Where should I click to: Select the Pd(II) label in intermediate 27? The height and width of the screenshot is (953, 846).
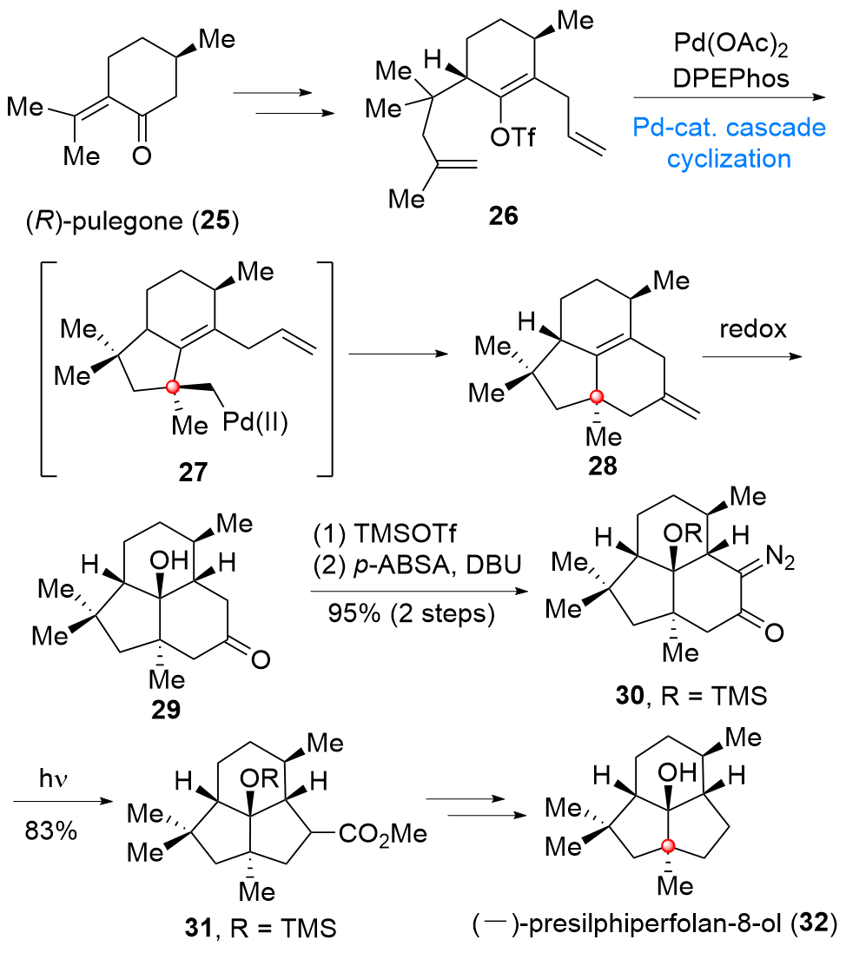(256, 423)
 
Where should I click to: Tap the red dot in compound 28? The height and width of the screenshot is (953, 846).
(595, 396)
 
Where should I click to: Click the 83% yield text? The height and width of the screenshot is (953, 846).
(50, 832)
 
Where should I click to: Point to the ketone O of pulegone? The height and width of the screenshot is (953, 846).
(142, 156)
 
